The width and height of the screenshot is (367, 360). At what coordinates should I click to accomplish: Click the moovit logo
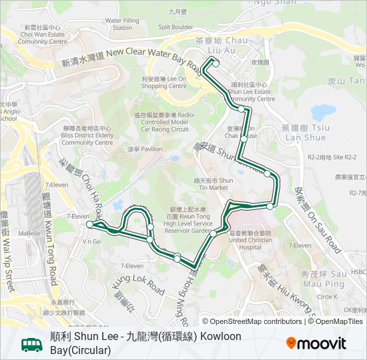[316, 343]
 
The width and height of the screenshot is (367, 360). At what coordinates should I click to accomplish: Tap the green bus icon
[31, 344]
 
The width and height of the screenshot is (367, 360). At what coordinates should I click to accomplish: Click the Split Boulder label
[175, 27]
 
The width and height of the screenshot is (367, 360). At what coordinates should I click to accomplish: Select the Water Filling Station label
[122, 24]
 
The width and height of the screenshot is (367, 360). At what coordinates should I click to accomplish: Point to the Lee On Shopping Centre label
[163, 82]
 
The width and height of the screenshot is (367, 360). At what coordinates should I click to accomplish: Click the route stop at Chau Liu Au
[215, 63]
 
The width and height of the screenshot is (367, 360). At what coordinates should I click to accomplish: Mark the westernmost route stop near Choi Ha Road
[89, 225]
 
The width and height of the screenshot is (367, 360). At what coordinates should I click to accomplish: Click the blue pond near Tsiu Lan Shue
[323, 111]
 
